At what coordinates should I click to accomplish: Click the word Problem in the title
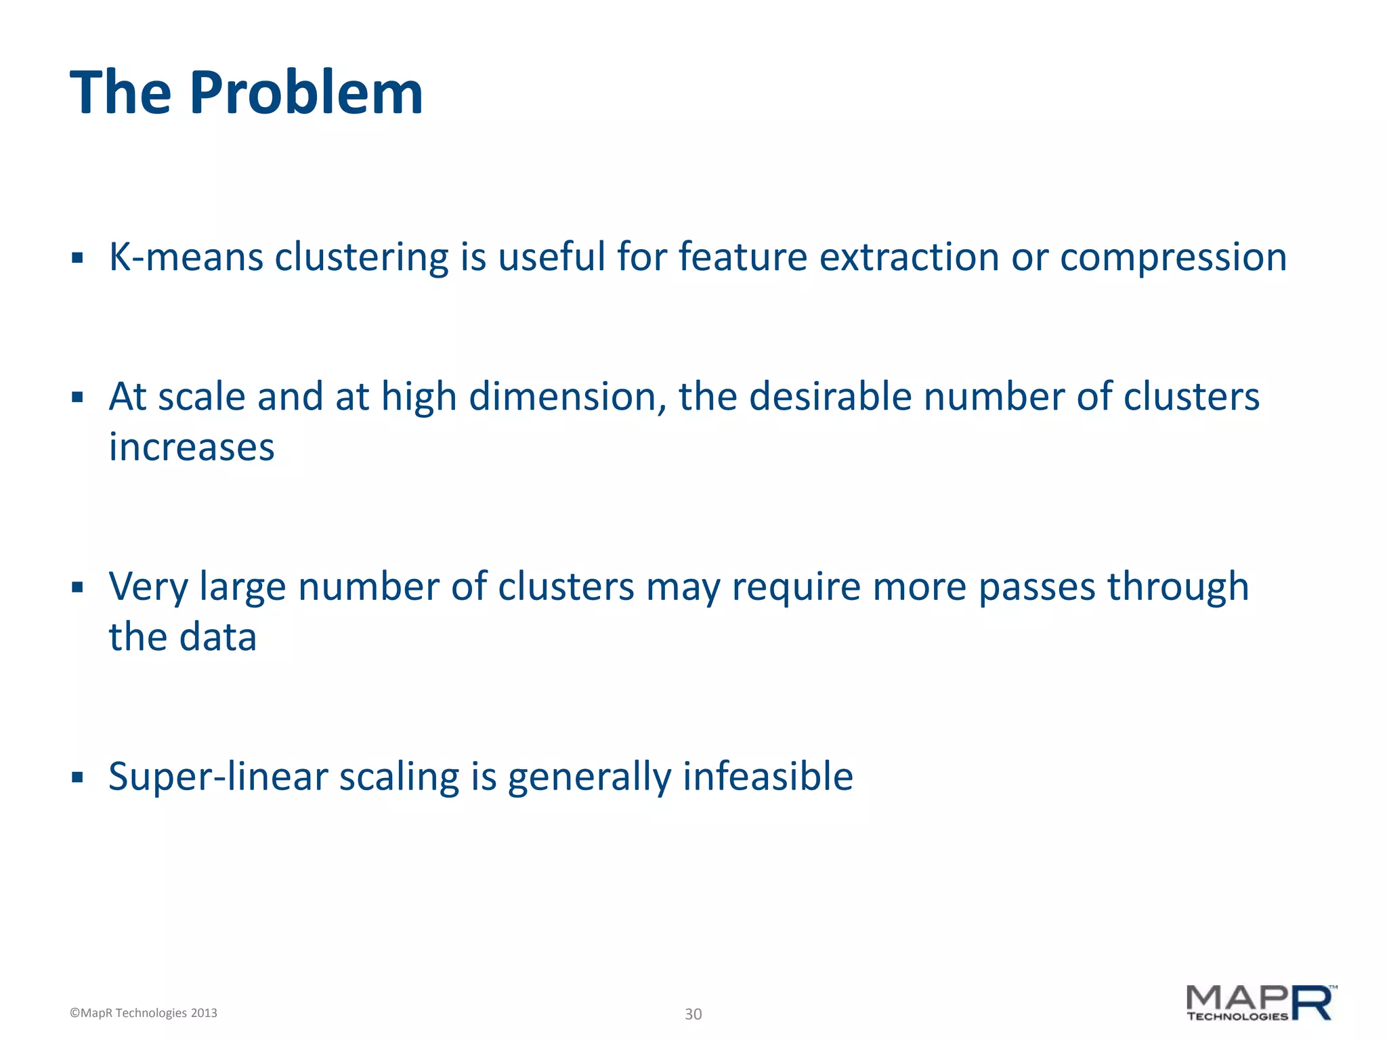pyautogui.click(x=306, y=93)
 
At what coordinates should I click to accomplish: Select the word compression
pyautogui.click(x=1173, y=259)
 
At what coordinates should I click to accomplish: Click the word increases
pyautogui.click(x=192, y=448)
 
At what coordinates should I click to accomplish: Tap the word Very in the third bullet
pyautogui.click(x=148, y=587)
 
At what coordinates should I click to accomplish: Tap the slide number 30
pyautogui.click(x=693, y=1014)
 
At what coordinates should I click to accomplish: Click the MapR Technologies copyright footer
pyautogui.click(x=144, y=1013)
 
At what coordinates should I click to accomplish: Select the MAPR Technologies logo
pyautogui.click(x=1261, y=1003)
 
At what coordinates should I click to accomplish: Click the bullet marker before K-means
pyautogui.click(x=77, y=258)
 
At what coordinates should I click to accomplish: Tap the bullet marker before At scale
pyautogui.click(x=77, y=397)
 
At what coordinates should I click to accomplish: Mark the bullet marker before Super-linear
pyautogui.click(x=77, y=777)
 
